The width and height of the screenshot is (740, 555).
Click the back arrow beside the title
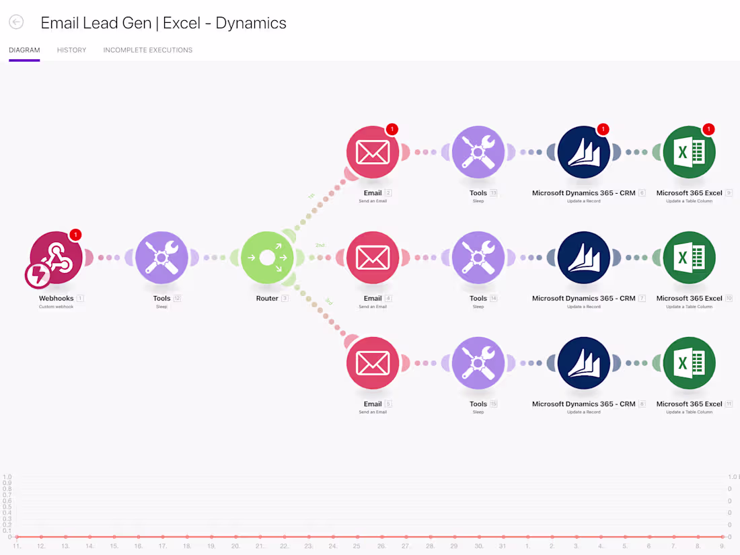(16, 22)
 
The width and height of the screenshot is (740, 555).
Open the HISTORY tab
(71, 50)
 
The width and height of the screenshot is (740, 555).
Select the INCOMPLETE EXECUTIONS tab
(147, 50)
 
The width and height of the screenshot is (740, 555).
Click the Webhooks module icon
(57, 257)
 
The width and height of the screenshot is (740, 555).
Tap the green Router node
(267, 258)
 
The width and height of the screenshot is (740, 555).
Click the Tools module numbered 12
(161, 258)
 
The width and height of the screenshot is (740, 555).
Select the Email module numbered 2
(373, 152)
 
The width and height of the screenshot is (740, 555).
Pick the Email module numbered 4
(373, 258)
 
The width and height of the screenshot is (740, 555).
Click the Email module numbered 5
(373, 363)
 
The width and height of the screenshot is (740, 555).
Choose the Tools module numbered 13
(478, 152)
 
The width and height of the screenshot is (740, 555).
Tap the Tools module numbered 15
(478, 363)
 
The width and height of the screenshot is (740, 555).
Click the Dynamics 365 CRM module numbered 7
(584, 258)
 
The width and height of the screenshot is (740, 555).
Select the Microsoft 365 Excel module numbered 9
(689, 152)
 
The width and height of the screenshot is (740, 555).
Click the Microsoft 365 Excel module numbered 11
(689, 363)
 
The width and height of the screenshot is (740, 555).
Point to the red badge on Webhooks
(75, 235)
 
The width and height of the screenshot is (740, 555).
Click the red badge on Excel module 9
(708, 129)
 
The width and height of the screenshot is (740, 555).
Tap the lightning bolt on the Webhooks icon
(38, 275)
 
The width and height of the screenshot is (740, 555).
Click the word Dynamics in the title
(251, 23)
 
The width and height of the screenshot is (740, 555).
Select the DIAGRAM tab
(24, 50)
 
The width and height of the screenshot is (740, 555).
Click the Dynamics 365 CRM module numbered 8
(584, 363)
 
